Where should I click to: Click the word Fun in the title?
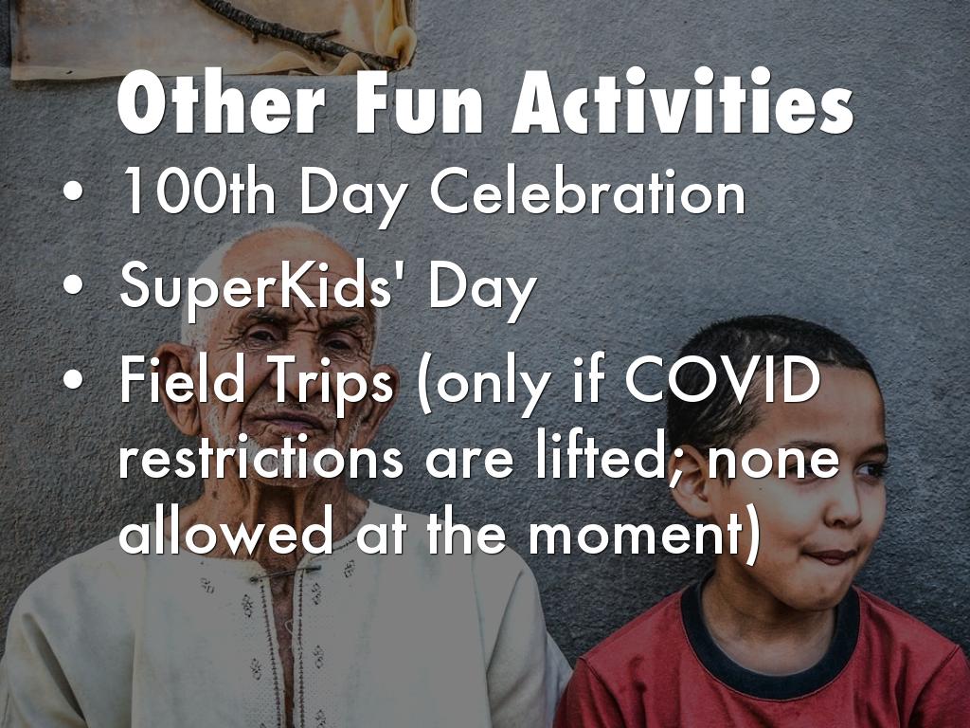419,103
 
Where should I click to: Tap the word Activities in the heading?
682,101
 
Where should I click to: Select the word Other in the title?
221,102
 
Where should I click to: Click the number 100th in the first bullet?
197,191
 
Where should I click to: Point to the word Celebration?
587,191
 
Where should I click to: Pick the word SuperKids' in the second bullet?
256,286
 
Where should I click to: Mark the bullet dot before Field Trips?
73,379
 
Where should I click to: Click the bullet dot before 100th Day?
73,191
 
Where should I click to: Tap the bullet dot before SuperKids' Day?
73,285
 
